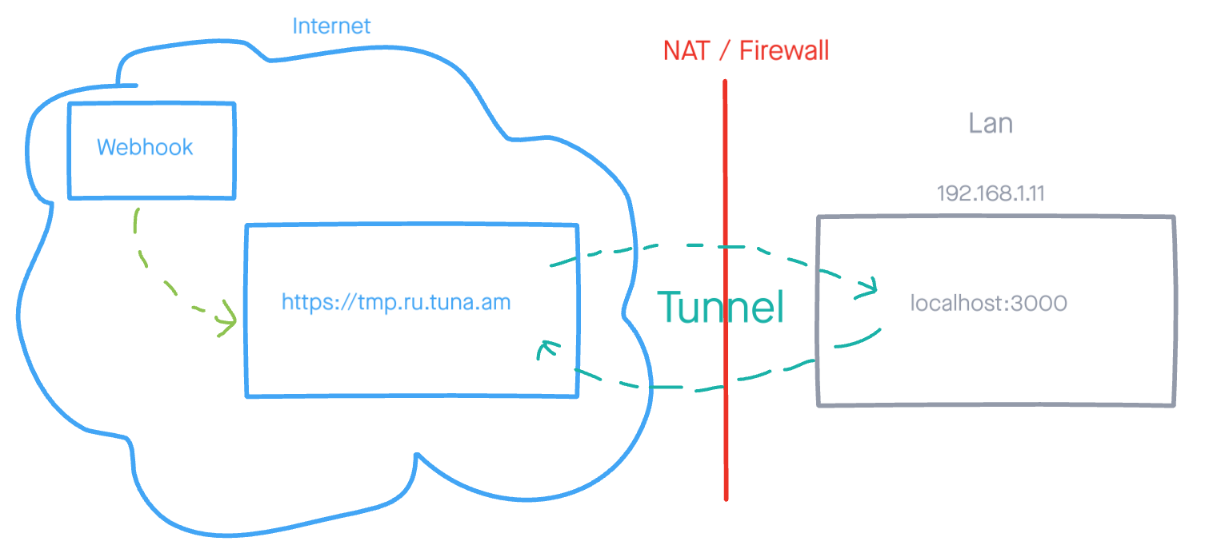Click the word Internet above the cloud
331,26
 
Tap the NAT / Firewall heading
746,51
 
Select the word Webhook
145,147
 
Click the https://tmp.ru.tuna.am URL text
396,302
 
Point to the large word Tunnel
720,307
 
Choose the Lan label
991,123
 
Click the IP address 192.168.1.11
990,193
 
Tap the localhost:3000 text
989,304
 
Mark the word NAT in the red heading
687,51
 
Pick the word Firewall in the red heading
784,51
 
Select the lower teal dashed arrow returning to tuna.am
680,388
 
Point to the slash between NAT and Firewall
724,51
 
